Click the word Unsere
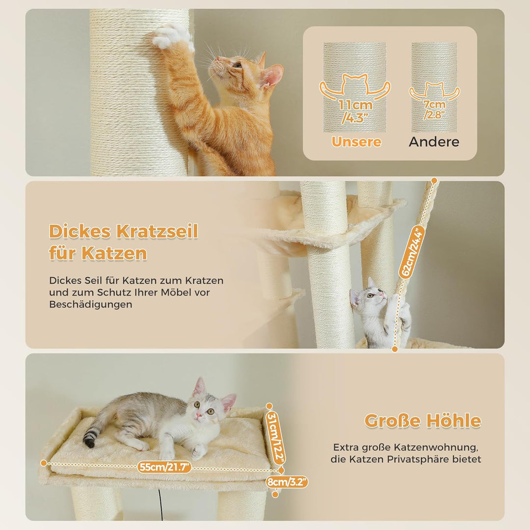(356, 142)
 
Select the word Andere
(434, 142)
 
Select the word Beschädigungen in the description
(91, 304)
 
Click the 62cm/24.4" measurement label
(412, 252)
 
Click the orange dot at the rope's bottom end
(395, 349)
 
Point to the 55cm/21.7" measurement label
(164, 467)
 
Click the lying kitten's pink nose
(199, 415)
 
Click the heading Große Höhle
(423, 421)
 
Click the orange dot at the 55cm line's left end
(44, 463)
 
